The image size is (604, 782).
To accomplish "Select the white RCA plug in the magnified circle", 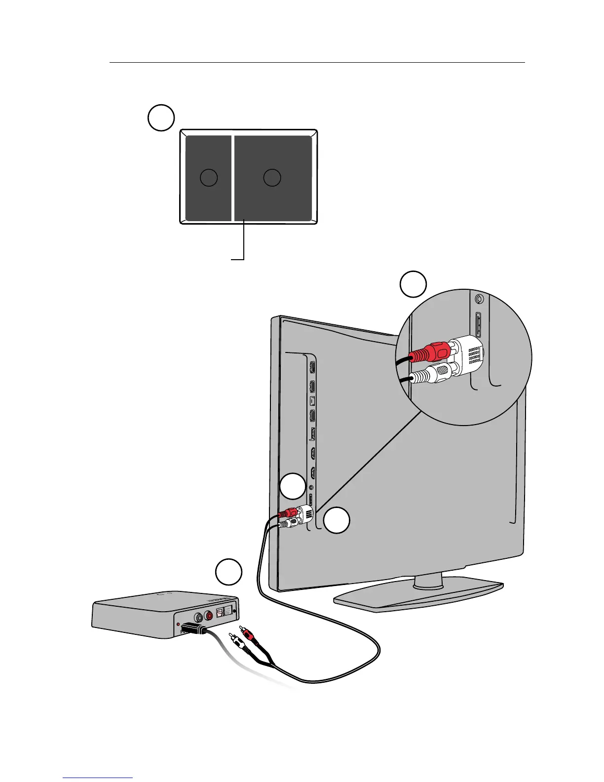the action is (x=429, y=374).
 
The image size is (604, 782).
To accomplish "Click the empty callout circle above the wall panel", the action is (x=161, y=117).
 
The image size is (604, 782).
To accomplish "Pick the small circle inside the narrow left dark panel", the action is (x=209, y=177).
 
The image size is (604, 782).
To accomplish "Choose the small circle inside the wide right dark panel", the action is (x=272, y=177).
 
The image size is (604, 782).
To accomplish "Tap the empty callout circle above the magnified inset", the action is (x=413, y=284).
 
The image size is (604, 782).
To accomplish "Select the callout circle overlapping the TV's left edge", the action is (x=292, y=486).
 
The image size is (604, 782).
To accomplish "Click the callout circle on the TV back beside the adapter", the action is (x=337, y=520).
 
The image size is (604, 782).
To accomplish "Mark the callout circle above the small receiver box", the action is (x=228, y=572).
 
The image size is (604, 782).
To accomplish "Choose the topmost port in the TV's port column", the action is (x=312, y=367).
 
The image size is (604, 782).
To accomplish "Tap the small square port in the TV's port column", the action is (x=312, y=400).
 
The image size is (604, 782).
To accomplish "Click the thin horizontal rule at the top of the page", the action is (x=317, y=63).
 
